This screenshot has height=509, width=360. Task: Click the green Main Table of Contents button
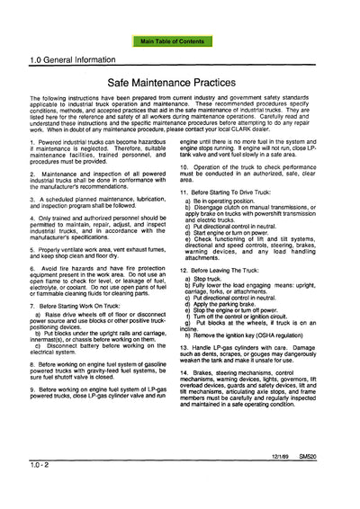point(180,41)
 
